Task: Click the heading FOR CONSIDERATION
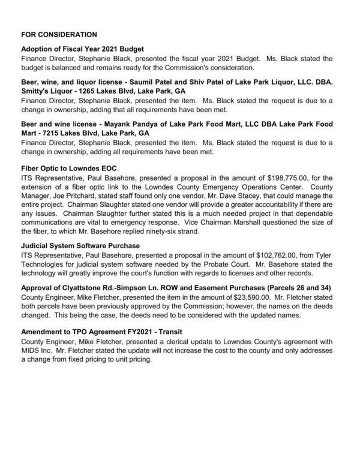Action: tap(59, 35)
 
